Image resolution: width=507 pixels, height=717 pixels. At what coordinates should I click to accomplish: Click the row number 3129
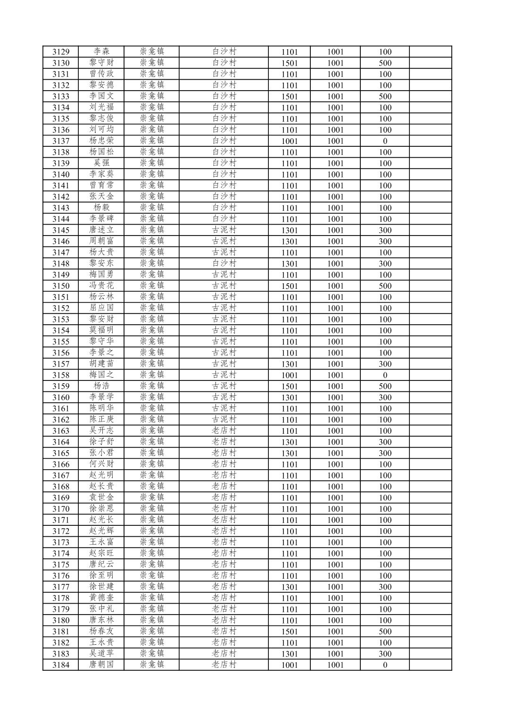coord(61,52)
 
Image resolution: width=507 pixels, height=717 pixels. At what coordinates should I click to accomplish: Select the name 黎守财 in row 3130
coord(101,63)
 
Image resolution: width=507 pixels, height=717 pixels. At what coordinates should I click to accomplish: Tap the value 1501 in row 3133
coord(290,96)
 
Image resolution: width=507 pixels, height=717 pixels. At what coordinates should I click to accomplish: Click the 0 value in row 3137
coord(385,141)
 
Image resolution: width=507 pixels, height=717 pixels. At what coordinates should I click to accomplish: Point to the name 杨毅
coord(101,208)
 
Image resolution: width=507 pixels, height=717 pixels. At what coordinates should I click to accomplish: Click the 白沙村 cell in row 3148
coord(224,263)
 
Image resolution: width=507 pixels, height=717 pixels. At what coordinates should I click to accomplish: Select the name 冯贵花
coord(101,286)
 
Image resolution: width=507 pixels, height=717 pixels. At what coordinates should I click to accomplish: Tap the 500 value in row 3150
coord(385,286)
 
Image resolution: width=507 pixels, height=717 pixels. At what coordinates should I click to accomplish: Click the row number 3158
coord(61,375)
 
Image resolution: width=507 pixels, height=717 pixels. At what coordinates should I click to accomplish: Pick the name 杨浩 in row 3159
coord(101,386)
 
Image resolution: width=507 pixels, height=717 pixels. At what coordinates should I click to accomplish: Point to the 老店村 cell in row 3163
coord(224,430)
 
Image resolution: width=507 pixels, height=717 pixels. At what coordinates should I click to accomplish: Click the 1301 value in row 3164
coord(290,442)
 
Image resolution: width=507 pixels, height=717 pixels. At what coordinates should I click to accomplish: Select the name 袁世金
coord(101,498)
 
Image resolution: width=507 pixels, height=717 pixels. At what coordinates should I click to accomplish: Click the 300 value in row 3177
coord(385,587)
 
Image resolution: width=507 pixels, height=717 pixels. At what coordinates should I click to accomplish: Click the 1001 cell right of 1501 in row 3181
coord(335,632)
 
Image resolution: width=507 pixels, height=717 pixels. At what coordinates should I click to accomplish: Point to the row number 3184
coord(61,665)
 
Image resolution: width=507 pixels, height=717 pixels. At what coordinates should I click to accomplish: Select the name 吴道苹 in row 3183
coord(101,654)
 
